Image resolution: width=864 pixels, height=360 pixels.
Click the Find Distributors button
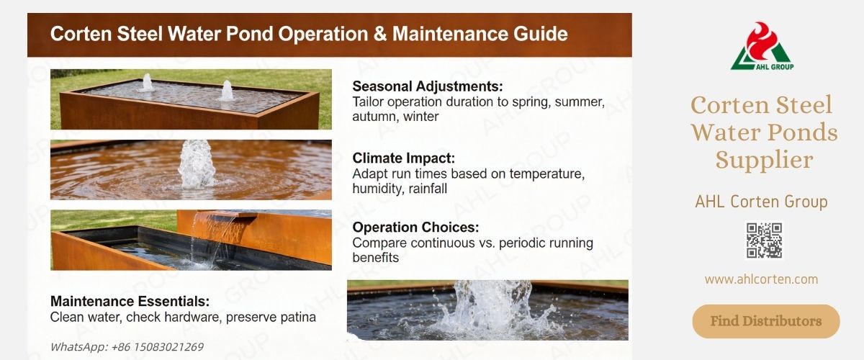click(x=765, y=321)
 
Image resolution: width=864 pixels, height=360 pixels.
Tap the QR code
click(x=763, y=240)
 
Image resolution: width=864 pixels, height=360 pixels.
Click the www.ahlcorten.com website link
click(x=761, y=279)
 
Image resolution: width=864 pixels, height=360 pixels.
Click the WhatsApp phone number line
click(x=127, y=346)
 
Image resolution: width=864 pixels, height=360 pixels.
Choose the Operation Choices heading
click(x=415, y=228)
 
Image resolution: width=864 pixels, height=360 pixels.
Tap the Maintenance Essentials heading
click(x=130, y=301)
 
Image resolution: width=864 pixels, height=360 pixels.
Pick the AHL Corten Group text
click(x=761, y=202)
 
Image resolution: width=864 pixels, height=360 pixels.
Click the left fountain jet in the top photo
click(x=146, y=82)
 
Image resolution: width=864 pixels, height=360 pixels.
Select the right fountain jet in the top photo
click(x=227, y=90)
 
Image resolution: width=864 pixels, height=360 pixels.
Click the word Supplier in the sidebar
click(x=764, y=159)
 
